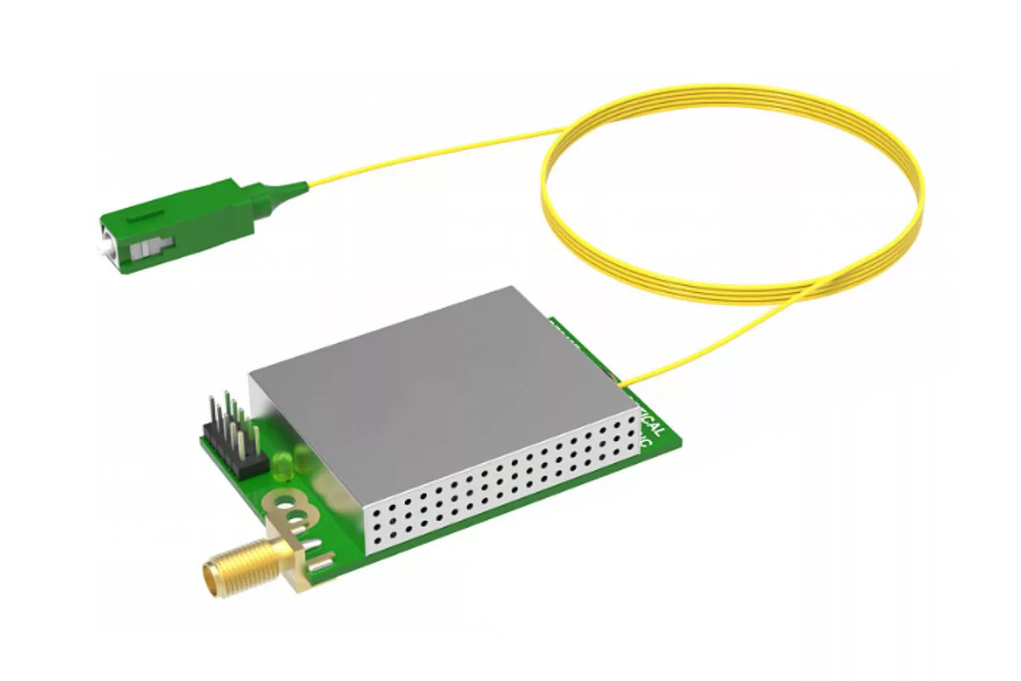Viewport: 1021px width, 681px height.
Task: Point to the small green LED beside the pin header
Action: click(x=283, y=465)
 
